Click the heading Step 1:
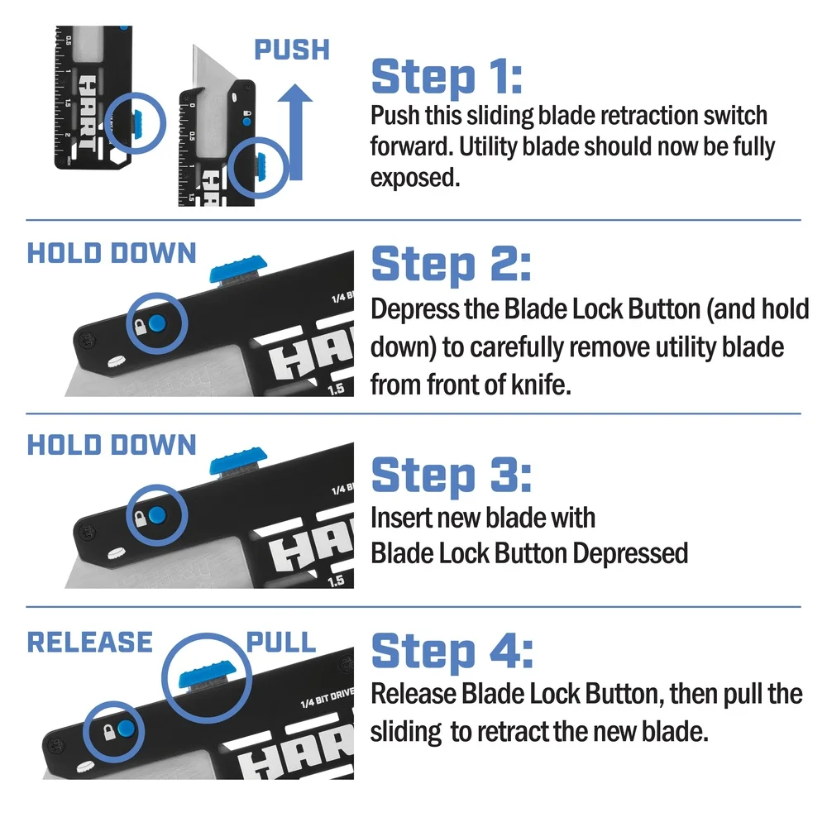tap(447, 76)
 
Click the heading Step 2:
tap(451, 265)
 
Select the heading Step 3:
tap(451, 475)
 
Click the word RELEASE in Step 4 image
tap(89, 642)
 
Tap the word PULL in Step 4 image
tap(281, 642)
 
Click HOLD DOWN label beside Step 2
tap(112, 253)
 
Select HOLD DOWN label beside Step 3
tap(112, 444)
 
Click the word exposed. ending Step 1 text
tap(413, 177)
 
